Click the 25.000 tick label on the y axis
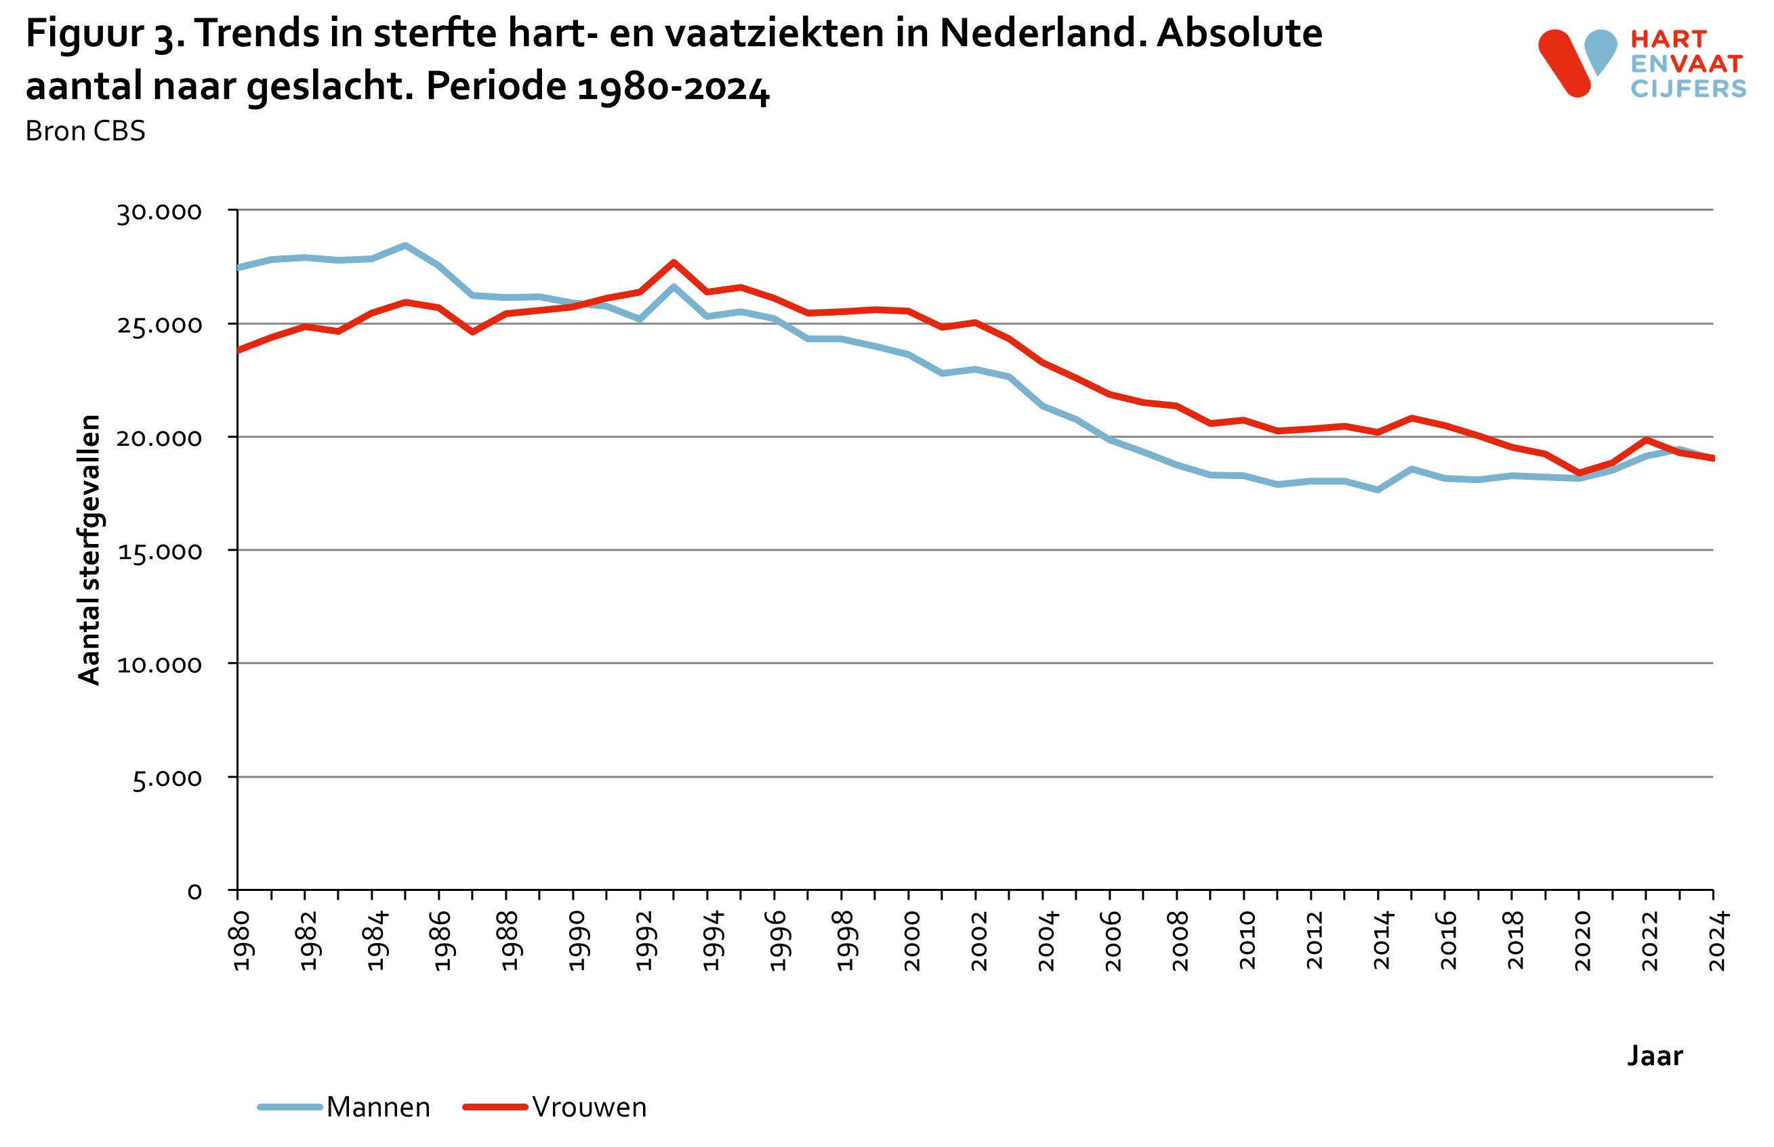[x=159, y=325]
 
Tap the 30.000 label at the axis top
[x=159, y=212]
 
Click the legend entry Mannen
[x=377, y=1108]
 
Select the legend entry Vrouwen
[x=589, y=1108]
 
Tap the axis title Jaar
[x=1654, y=1056]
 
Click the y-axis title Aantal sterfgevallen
[x=89, y=549]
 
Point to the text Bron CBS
[x=85, y=131]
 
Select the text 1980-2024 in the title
[x=672, y=87]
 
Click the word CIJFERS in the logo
[x=1688, y=89]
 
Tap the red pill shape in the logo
[x=1564, y=63]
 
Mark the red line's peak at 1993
[x=674, y=262]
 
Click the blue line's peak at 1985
[x=405, y=245]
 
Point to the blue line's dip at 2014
[x=1378, y=489]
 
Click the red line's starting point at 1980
[x=239, y=350]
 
